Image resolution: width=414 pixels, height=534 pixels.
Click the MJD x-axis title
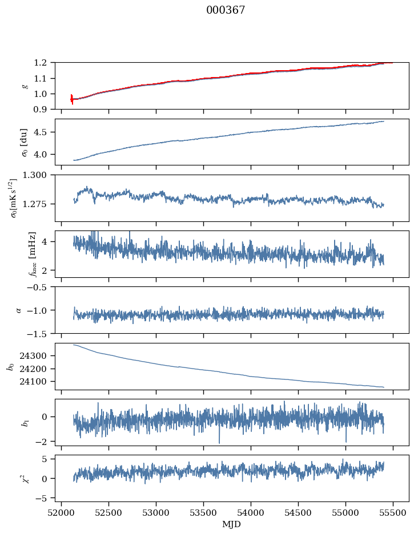(x=232, y=524)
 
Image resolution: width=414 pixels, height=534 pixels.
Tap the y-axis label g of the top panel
(x=25, y=86)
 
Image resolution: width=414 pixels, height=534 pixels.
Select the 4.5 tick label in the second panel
(x=44, y=132)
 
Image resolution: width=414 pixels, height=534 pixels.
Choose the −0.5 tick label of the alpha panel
(x=40, y=287)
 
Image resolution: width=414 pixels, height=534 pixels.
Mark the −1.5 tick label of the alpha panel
(x=40, y=333)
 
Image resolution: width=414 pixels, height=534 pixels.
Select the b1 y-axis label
(x=25, y=422)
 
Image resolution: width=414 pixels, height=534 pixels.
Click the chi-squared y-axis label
(x=25, y=478)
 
